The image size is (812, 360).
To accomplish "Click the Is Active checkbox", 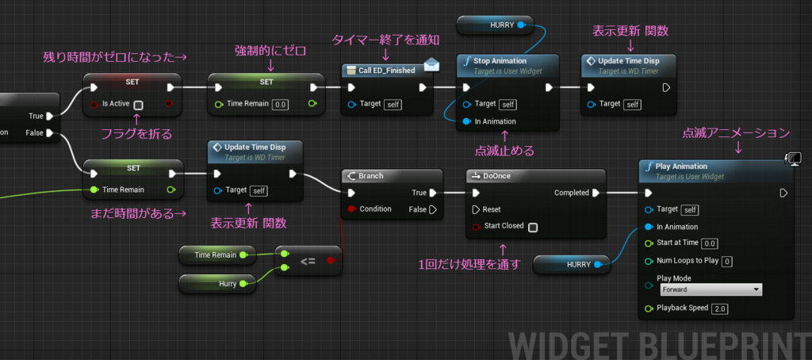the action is pos(138,105).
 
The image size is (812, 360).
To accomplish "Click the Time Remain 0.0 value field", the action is pos(280,105).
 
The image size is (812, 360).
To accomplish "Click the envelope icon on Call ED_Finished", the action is pos(431,65).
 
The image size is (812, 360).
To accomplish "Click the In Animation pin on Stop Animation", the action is pos(465,122).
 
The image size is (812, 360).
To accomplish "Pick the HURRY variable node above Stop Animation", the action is pos(495,25).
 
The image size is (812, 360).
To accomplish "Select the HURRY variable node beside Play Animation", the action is pos(572,265).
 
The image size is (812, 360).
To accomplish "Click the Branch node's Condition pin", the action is pos(352,209).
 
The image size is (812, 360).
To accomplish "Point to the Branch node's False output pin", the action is pos(433,210).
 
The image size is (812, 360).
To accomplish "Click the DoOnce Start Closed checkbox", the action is pos(532,227).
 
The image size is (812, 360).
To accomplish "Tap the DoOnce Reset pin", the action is pos(476,210).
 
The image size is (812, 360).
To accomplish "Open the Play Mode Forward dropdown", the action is pos(710,289).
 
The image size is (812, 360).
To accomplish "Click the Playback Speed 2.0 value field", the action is pos(720,308).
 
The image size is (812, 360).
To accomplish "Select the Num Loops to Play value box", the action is pos(727,261).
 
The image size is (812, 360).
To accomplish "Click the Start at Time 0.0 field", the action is pos(710,243).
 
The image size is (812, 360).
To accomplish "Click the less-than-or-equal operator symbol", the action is pos(308,261).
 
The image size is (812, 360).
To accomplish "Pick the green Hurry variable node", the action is pos(217,284).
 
